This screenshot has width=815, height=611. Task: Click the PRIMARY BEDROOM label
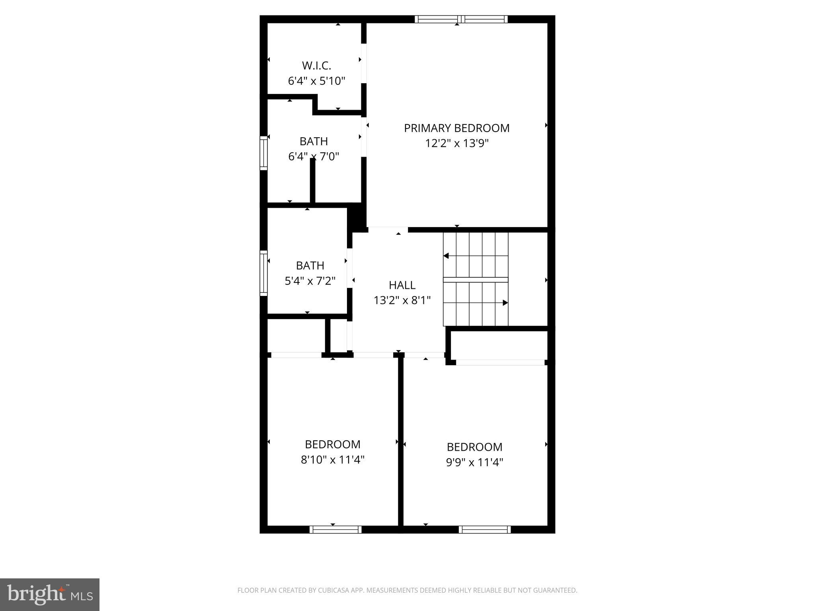pyautogui.click(x=456, y=128)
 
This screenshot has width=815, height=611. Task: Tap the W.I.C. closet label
pyautogui.click(x=316, y=66)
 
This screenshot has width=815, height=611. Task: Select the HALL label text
pyautogui.click(x=402, y=285)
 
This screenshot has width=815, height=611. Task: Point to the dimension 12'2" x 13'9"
pyautogui.click(x=457, y=143)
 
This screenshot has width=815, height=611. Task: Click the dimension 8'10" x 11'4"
pyautogui.click(x=333, y=460)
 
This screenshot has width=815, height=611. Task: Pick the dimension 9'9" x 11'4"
pyautogui.click(x=474, y=462)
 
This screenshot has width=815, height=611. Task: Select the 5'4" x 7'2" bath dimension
pyautogui.click(x=310, y=281)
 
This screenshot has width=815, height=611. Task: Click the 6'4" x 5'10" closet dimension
pyautogui.click(x=316, y=81)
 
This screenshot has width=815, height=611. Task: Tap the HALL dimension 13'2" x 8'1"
pyautogui.click(x=402, y=300)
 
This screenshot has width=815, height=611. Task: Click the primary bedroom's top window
pyautogui.click(x=461, y=19)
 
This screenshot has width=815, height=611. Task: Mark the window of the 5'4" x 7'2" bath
pyautogui.click(x=263, y=273)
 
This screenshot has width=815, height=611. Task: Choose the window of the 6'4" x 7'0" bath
pyautogui.click(x=263, y=153)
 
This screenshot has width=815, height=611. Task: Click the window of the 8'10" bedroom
pyautogui.click(x=335, y=529)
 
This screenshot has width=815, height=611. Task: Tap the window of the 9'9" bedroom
pyautogui.click(x=484, y=529)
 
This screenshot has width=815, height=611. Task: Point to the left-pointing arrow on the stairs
pyautogui.click(x=446, y=256)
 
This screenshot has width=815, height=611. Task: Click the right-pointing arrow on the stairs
pyautogui.click(x=505, y=303)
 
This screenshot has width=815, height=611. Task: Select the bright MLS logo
pyautogui.click(x=50, y=594)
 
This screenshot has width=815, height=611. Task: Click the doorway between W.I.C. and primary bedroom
pyautogui.click(x=364, y=64)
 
